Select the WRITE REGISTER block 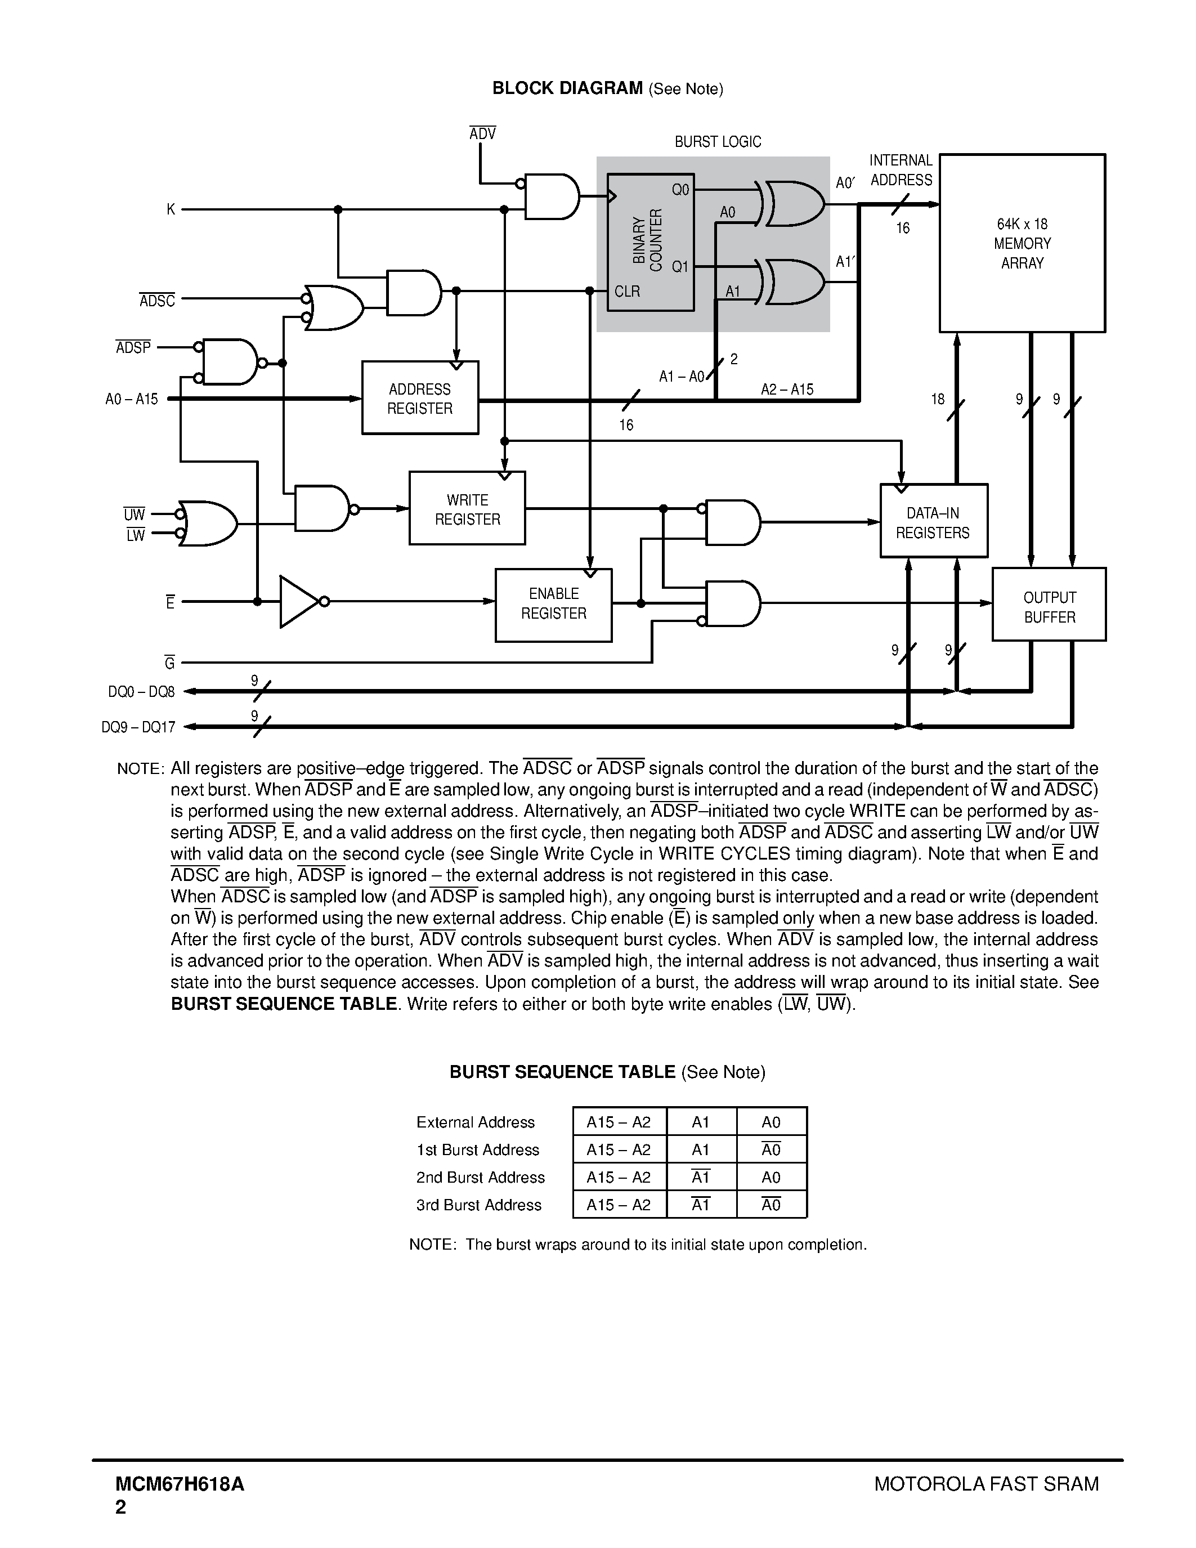coord(467,508)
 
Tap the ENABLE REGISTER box coord(553,604)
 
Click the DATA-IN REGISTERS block coord(933,522)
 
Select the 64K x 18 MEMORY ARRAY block coord(1022,243)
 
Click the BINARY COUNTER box coord(649,241)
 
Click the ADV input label coord(482,133)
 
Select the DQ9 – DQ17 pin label coord(138,727)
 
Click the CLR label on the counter coord(627,292)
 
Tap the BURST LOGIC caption coord(717,142)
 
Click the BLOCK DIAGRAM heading coord(567,88)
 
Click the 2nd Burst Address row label coord(480,1176)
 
